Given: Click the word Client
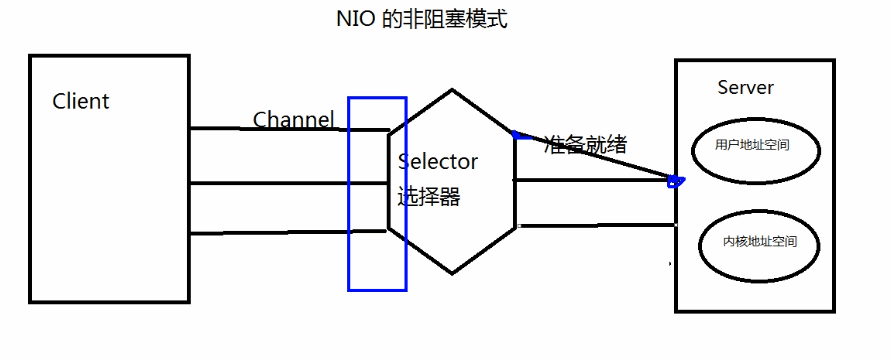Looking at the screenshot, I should point(81,101).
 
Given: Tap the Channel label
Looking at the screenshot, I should point(293,120).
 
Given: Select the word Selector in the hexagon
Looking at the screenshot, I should point(439,161).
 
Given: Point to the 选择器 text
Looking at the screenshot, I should point(429,196).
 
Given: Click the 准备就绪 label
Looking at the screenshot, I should point(586,143).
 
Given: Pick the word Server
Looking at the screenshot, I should point(746,87).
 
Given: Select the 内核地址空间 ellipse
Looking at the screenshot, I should point(759,243).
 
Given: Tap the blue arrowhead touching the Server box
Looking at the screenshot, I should point(675,182).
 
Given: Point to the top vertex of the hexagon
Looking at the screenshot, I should point(452,90).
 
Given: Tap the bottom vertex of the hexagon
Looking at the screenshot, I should point(452,273).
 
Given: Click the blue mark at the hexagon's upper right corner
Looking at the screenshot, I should point(517,134).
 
